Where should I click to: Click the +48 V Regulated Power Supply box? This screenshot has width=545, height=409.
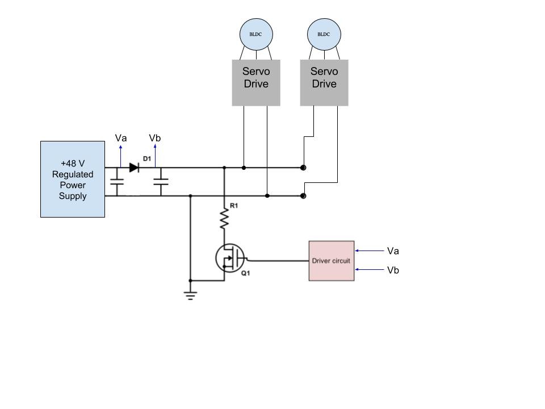click(73, 179)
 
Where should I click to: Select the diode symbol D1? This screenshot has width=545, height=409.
click(134, 168)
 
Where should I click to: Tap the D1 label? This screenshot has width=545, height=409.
click(147, 158)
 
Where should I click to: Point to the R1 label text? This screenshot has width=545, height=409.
click(234, 206)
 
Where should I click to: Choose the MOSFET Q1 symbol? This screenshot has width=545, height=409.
click(230, 258)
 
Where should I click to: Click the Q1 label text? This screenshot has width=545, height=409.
click(245, 273)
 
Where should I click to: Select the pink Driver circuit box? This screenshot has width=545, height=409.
click(332, 261)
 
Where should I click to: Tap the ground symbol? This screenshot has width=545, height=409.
click(191, 295)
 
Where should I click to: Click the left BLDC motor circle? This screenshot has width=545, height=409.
click(256, 35)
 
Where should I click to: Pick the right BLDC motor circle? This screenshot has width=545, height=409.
click(324, 35)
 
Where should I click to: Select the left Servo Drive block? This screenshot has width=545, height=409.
click(256, 83)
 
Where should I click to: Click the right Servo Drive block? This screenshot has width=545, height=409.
click(324, 83)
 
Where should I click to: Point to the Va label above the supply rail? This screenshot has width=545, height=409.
click(121, 138)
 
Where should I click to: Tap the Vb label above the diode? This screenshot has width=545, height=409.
click(154, 138)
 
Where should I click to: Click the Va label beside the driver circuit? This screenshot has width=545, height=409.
click(393, 251)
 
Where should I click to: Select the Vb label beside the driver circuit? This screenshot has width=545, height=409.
click(393, 270)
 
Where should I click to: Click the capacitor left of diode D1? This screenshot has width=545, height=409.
click(117, 182)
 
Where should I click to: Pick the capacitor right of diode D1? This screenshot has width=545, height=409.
click(161, 182)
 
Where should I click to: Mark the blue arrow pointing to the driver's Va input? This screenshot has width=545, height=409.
click(370, 251)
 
